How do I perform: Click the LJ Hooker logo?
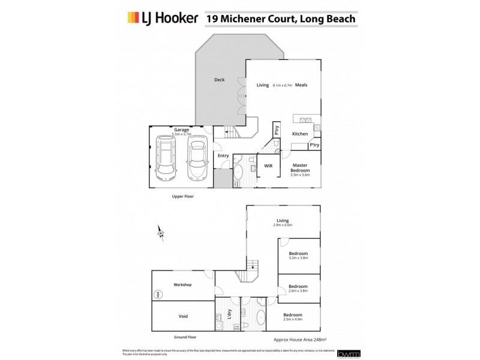point(162,19)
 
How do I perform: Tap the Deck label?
point(220,80)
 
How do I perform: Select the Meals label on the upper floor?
point(301,85)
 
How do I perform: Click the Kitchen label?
point(300,134)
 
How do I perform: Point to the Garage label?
point(181,130)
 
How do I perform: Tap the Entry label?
point(223,155)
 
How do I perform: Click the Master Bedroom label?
point(300,168)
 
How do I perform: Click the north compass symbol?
point(160,233)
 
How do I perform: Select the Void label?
point(182,315)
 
